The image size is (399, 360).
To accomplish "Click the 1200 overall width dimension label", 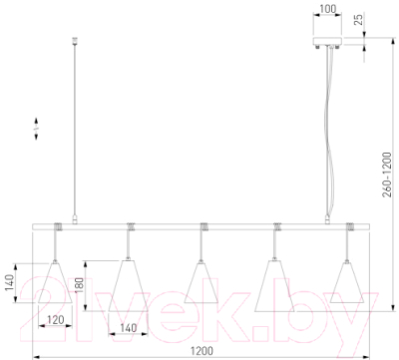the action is click(x=201, y=351).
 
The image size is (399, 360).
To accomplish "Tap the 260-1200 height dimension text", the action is click(x=387, y=175).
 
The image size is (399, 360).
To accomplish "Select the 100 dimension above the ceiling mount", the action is click(x=329, y=8).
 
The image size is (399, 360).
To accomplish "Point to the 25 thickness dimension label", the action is click(x=358, y=20).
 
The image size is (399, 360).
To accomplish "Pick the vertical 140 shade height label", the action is click(x=9, y=283).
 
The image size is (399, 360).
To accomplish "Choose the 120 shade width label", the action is click(x=55, y=320).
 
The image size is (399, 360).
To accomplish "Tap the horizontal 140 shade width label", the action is click(x=128, y=328).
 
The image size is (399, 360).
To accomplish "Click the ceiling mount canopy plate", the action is click(x=327, y=42).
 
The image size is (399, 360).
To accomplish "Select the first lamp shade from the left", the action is click(x=55, y=282).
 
